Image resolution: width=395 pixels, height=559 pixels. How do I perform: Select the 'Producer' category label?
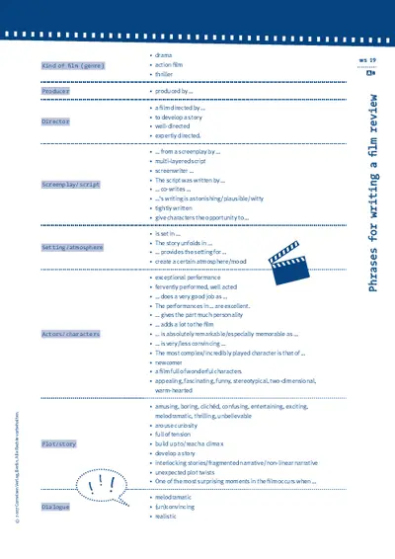click(x=55, y=91)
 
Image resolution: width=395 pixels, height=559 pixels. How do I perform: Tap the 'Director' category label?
click(x=55, y=121)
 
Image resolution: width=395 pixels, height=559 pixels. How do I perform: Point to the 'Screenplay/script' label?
click(x=70, y=184)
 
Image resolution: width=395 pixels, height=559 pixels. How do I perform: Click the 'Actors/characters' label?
click(x=70, y=334)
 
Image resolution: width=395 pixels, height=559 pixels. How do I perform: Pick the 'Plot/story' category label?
click(x=60, y=444)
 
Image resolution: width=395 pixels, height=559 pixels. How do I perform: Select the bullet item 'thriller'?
click(x=165, y=74)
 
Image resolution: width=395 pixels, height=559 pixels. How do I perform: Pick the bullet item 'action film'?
click(x=171, y=64)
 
